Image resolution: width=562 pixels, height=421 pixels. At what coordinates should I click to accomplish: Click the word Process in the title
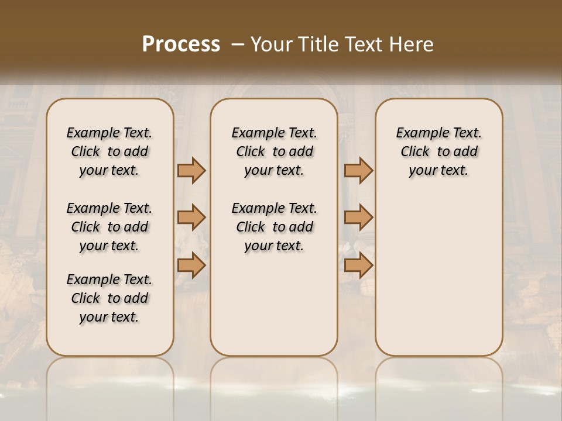click(x=181, y=44)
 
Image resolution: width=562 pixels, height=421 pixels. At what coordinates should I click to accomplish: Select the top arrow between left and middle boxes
click(x=191, y=170)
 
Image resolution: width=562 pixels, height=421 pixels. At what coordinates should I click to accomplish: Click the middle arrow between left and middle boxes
click(x=191, y=218)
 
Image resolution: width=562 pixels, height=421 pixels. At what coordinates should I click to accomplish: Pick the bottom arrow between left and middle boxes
click(x=191, y=265)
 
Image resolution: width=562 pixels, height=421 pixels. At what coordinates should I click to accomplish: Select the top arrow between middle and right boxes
click(x=358, y=170)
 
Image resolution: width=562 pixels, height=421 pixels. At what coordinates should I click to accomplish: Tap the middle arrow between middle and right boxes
click(x=358, y=218)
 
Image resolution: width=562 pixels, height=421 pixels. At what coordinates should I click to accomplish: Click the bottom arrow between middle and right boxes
click(x=358, y=265)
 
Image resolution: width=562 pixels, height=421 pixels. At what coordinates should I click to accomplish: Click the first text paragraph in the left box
click(x=109, y=151)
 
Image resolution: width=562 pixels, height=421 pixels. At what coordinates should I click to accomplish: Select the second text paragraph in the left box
click(x=109, y=227)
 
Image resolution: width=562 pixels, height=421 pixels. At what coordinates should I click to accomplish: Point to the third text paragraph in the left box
click(x=109, y=298)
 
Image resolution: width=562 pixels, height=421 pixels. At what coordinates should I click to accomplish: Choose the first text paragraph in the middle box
click(x=274, y=151)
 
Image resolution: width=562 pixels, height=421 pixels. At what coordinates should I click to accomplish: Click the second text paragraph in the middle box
click(x=274, y=227)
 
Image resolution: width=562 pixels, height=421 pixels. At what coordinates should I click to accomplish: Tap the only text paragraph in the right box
click(x=438, y=151)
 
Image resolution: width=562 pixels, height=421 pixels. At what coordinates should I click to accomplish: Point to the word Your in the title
click(x=270, y=44)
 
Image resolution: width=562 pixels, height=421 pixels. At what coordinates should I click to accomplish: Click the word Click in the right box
click(x=415, y=152)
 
